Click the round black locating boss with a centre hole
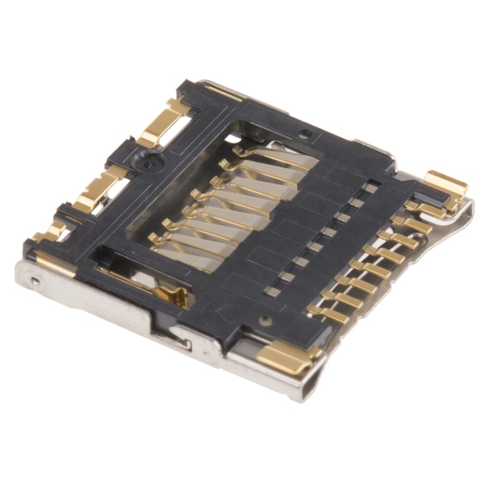point(150,163)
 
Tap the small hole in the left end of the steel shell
point(36,281)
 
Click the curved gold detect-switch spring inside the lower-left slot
point(174,296)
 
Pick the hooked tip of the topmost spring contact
point(239,150)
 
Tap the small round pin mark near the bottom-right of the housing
point(264,320)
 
